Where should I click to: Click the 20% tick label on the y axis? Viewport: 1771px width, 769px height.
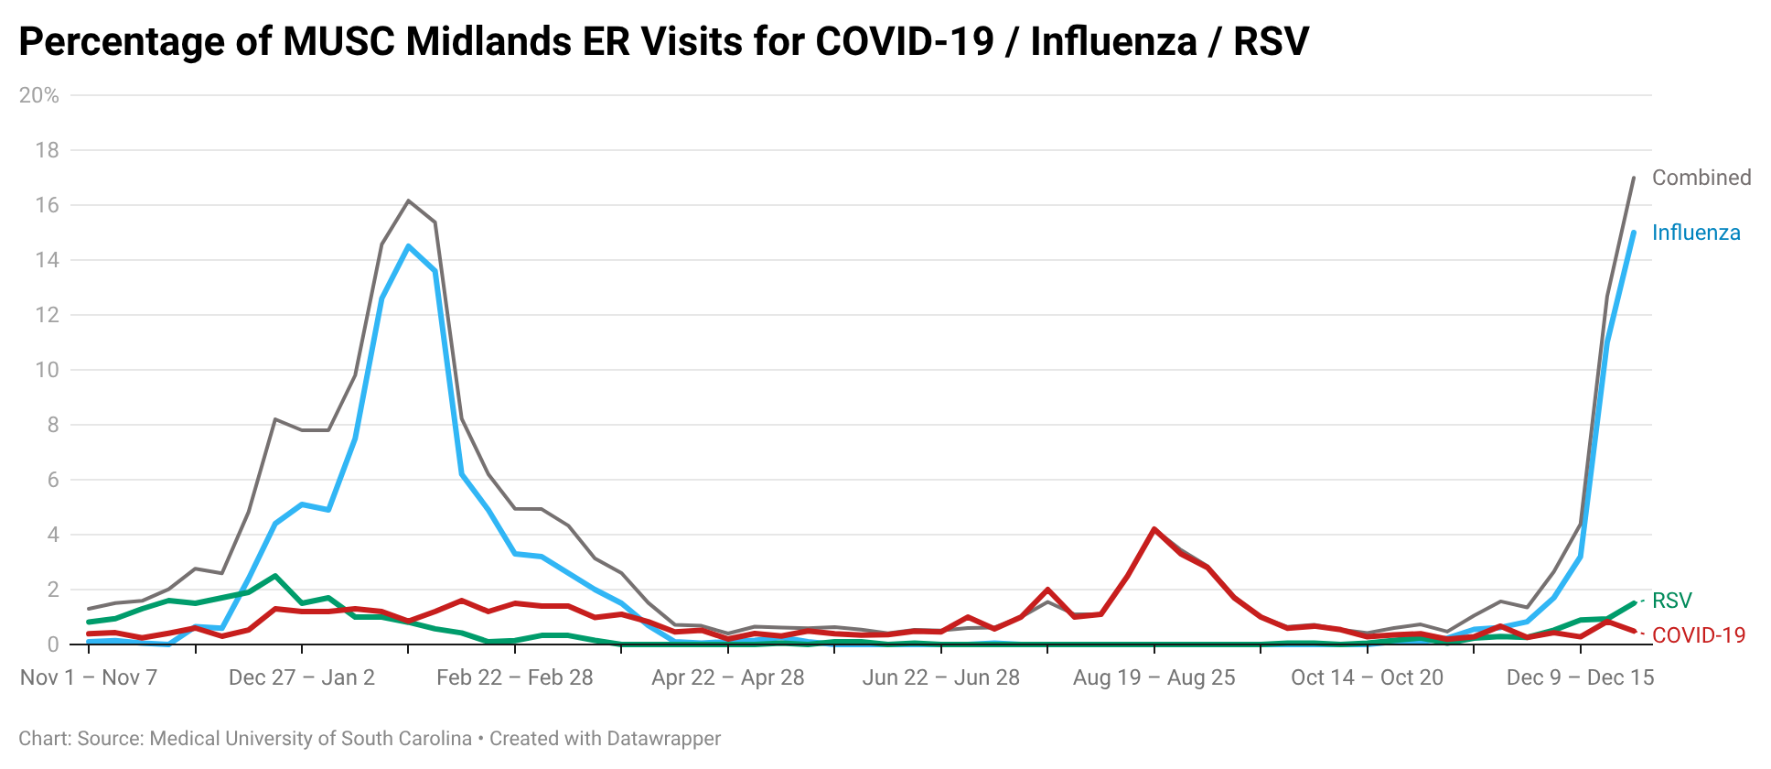click(x=38, y=95)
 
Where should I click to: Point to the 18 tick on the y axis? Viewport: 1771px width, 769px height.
click(x=47, y=150)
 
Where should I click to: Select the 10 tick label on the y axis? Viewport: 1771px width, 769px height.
click(x=47, y=370)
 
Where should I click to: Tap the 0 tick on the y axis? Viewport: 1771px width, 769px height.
click(x=53, y=644)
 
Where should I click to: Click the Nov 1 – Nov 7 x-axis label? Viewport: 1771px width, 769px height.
click(x=89, y=677)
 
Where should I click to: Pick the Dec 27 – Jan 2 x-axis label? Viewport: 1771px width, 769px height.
click(x=302, y=677)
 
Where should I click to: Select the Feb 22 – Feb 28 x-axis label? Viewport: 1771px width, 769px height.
click(x=514, y=677)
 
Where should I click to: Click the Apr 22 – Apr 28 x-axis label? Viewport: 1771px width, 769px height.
click(x=727, y=677)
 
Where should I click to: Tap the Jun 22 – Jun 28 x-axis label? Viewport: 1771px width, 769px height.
click(x=940, y=677)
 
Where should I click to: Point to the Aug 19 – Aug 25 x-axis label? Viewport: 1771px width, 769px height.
click(x=1154, y=677)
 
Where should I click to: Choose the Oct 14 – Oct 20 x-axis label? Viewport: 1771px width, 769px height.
click(x=1367, y=677)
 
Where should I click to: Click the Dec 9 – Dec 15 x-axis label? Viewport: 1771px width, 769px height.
click(x=1580, y=677)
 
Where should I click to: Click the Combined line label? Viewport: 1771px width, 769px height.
click(x=1701, y=178)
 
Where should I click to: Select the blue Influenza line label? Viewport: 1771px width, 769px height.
click(x=1695, y=233)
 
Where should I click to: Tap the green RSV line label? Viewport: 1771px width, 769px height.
click(x=1671, y=601)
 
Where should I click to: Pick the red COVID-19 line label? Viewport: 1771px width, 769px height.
click(x=1698, y=635)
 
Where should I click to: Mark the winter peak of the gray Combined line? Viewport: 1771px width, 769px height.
click(x=408, y=200)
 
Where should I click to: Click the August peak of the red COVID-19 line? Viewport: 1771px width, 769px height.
click(x=1154, y=528)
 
